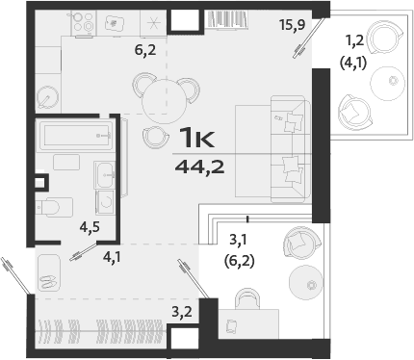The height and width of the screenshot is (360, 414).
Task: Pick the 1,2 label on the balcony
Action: pyautogui.click(x=355, y=39)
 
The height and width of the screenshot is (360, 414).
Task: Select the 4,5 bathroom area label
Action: pyautogui.click(x=90, y=228)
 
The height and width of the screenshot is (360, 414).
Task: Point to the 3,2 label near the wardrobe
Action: pyautogui.click(x=181, y=311)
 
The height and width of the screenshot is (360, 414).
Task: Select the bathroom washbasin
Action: pyautogui.click(x=104, y=176)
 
